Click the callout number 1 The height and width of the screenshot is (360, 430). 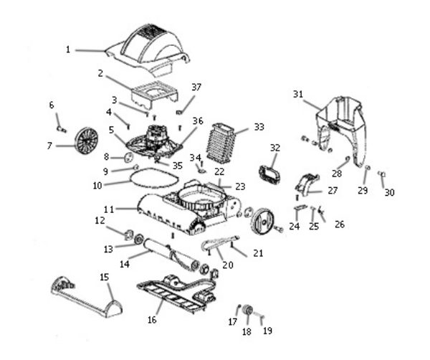coord(68,49)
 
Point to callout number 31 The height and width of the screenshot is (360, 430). coord(298,94)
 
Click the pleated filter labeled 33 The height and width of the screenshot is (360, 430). coord(221,141)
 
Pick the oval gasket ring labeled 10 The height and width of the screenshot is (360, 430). coord(154,178)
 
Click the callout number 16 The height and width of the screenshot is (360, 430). coord(152,320)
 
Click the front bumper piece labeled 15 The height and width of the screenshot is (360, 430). coord(87,297)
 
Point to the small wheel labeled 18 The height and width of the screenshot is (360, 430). coord(249,311)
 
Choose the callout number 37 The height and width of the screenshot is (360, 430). coord(196,87)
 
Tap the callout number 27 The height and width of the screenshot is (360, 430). coord(333,190)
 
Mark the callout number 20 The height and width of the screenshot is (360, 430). coord(228,265)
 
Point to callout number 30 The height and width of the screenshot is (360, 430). coord(389,192)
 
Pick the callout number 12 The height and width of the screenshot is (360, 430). coord(100,220)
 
